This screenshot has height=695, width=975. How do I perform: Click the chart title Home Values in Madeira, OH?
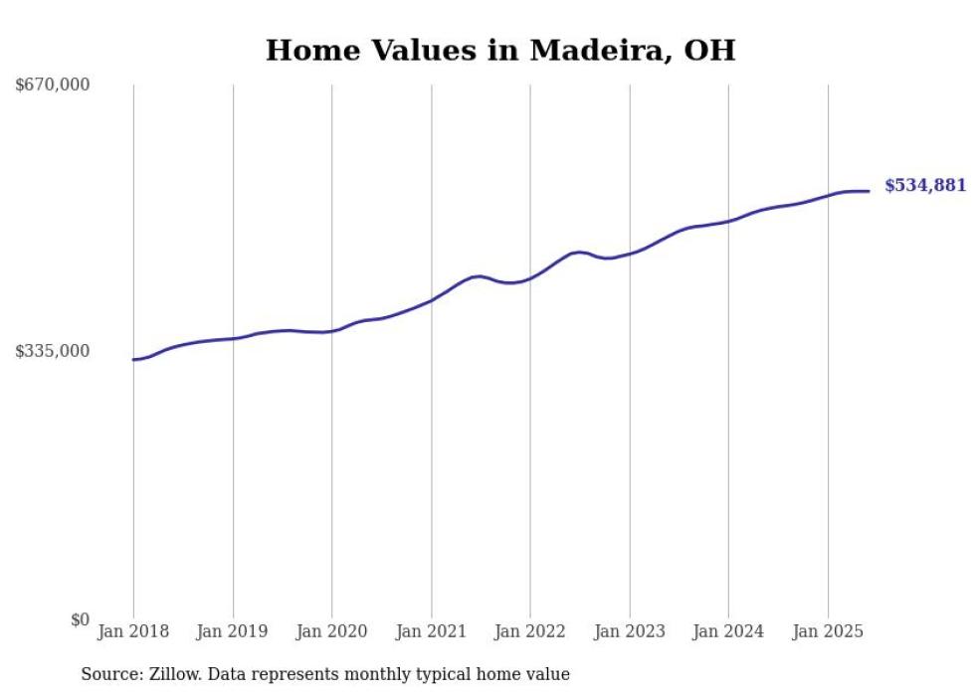500,50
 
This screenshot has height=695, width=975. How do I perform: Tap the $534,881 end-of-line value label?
924,185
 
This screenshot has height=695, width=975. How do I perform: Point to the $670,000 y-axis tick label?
53,86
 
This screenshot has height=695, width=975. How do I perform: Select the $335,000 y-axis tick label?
53,351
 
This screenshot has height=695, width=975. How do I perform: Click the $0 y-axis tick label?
80,619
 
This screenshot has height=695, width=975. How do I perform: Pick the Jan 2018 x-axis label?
133,630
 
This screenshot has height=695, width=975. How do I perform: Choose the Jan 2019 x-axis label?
233,630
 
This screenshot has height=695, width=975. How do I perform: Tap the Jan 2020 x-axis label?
332,630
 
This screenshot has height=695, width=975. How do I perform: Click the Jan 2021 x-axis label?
431,630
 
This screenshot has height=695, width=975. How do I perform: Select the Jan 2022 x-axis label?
530,630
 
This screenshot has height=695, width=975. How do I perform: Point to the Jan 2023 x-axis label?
630,630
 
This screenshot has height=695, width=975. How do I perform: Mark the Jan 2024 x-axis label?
728,630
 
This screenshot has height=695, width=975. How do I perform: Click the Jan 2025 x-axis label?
828,630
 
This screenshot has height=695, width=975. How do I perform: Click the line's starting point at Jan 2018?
133,360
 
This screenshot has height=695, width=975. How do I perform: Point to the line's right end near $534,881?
869,191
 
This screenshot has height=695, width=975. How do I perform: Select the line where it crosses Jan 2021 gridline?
431,299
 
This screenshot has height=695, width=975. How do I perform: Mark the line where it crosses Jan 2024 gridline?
728,221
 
